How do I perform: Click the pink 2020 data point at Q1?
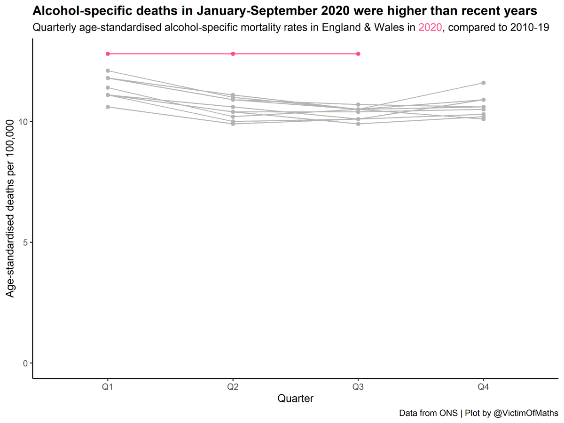(x=108, y=54)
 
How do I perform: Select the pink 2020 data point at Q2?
(x=233, y=54)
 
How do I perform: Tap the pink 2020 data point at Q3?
(x=358, y=54)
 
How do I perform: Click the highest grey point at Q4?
(x=483, y=83)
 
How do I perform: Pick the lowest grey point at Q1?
(x=108, y=107)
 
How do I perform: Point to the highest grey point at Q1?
(x=108, y=70)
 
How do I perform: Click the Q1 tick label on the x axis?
(x=108, y=386)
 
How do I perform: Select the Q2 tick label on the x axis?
(x=233, y=386)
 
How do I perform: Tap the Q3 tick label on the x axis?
(x=358, y=386)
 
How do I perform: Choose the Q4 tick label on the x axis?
(x=483, y=386)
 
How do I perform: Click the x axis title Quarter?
(x=295, y=399)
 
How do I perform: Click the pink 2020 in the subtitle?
(x=430, y=27)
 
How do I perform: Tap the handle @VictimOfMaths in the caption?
(x=525, y=413)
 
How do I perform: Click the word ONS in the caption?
(x=449, y=413)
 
